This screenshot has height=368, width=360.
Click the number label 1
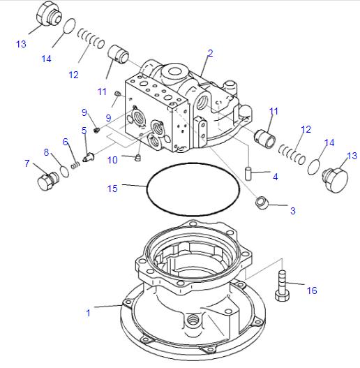coord(88,313)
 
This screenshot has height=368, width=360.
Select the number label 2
coord(210,53)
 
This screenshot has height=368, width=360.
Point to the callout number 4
coord(275,177)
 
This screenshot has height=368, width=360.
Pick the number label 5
coord(84,130)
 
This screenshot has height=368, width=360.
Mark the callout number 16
coord(312,290)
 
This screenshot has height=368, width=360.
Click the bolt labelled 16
coord(282,286)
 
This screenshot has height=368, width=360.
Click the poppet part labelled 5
coord(88,157)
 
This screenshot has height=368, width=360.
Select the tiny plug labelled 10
coord(137,157)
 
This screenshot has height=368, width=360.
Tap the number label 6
coord(66,142)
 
